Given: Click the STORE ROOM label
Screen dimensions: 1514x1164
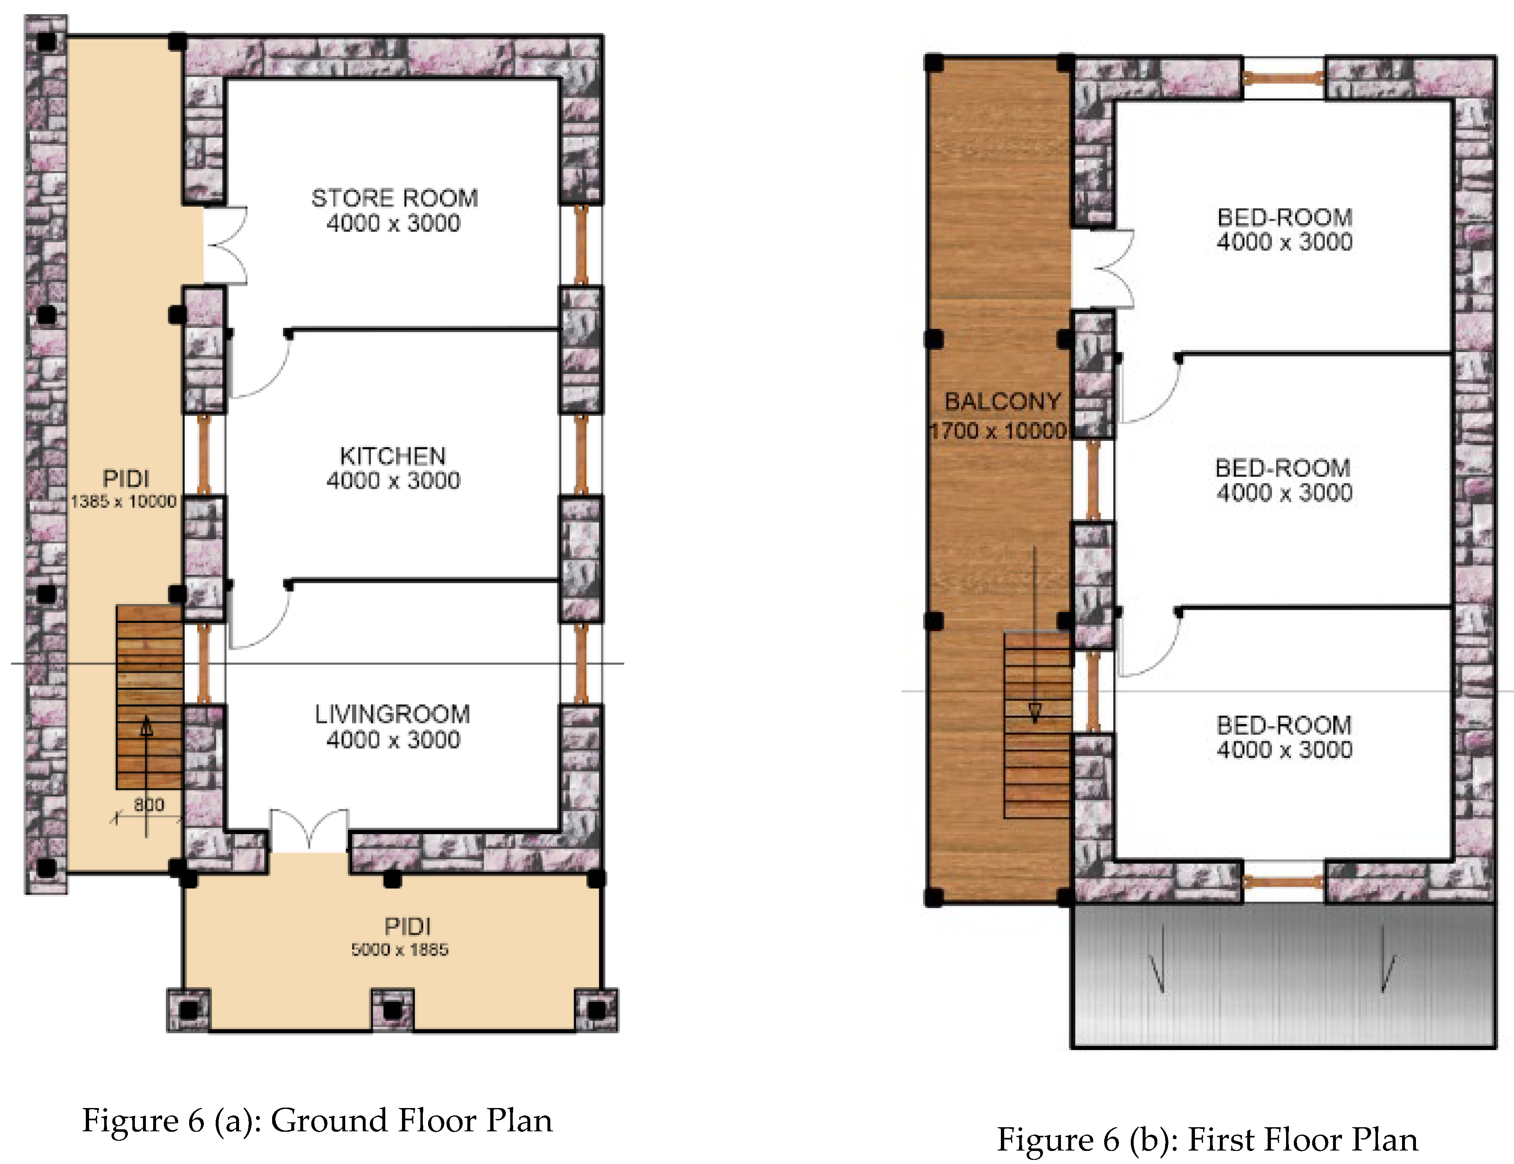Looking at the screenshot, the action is tap(394, 198).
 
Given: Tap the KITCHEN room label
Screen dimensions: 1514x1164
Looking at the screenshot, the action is tap(393, 456).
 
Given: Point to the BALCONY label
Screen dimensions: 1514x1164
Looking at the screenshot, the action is tap(1003, 401).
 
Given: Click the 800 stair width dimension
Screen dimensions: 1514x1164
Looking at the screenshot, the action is tap(149, 805).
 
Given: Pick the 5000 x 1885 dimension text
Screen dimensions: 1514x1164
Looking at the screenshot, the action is tap(400, 949).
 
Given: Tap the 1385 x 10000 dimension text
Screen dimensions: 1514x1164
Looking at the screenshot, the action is tap(123, 502).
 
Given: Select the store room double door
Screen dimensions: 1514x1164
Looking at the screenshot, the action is tap(225, 245).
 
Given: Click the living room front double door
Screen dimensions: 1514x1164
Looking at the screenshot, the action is tap(309, 830).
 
